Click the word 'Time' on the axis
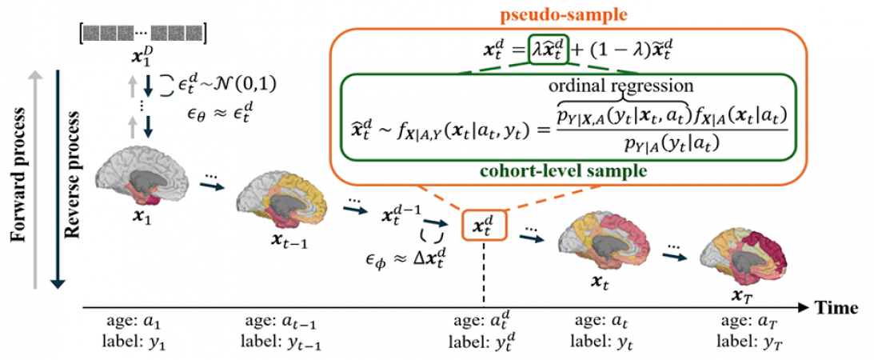pyautogui.click(x=836, y=307)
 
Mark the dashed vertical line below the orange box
pyautogui.click(x=485, y=272)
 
